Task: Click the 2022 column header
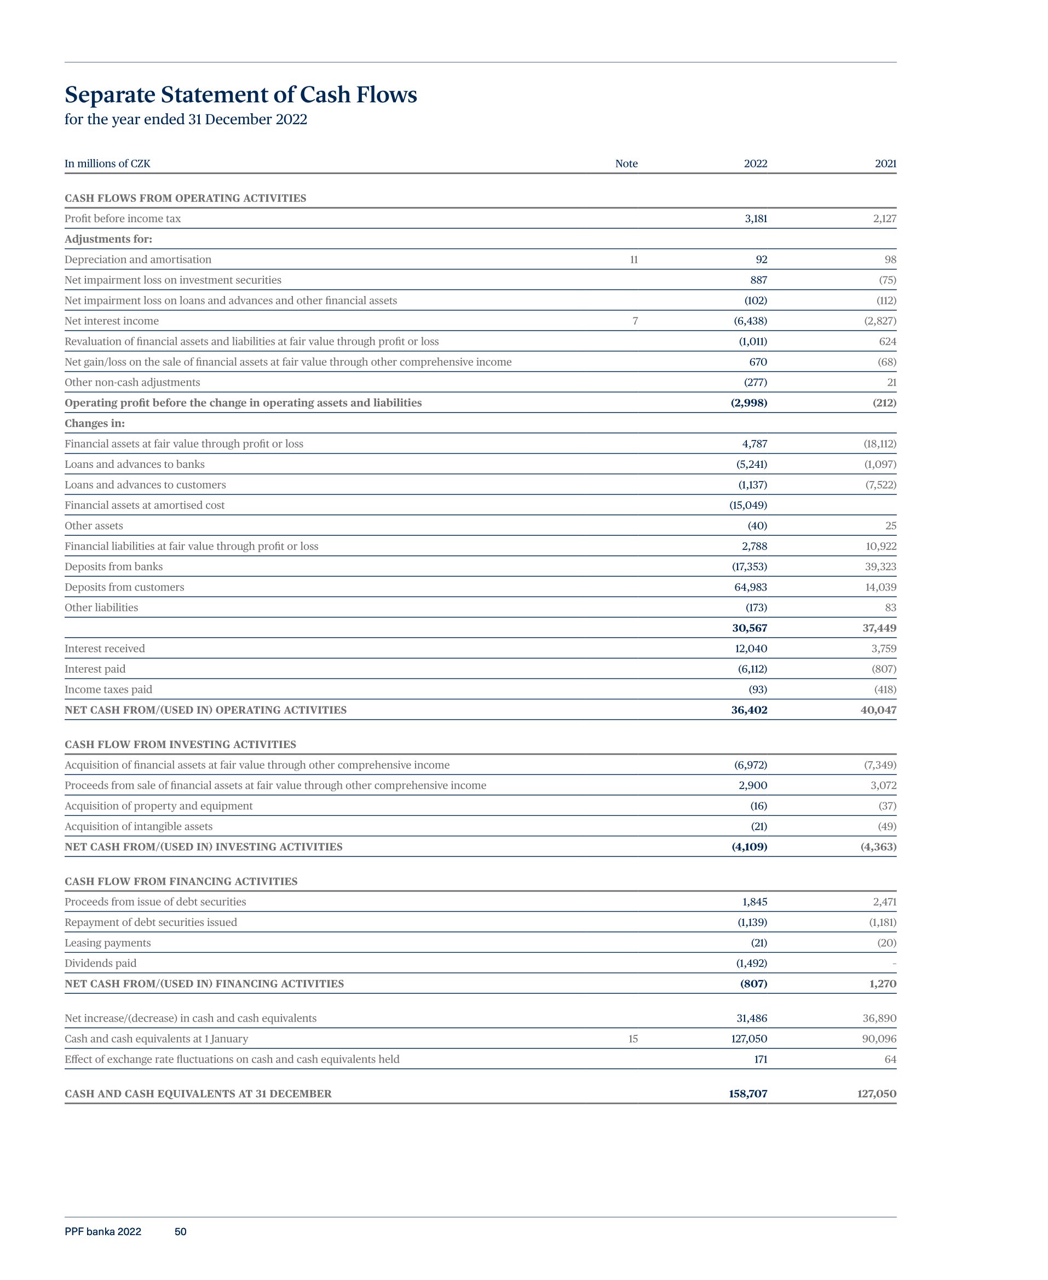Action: click(x=755, y=164)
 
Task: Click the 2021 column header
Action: click(x=885, y=164)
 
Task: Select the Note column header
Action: click(x=626, y=164)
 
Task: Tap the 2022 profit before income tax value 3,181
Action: click(x=755, y=218)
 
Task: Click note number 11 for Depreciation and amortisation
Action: click(x=634, y=259)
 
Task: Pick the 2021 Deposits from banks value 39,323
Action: click(x=881, y=566)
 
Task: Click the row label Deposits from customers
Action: click(x=124, y=587)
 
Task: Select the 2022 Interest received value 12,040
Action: click(x=750, y=648)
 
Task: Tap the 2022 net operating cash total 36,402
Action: click(x=748, y=710)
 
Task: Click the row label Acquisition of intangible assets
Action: click(x=138, y=826)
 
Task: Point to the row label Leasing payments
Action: click(x=107, y=943)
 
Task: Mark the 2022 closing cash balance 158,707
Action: click(x=747, y=1093)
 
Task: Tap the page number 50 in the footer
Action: click(x=180, y=1232)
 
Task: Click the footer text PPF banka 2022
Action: click(x=102, y=1232)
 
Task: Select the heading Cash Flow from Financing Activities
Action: click(x=181, y=881)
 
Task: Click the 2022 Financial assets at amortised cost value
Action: click(x=748, y=505)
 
